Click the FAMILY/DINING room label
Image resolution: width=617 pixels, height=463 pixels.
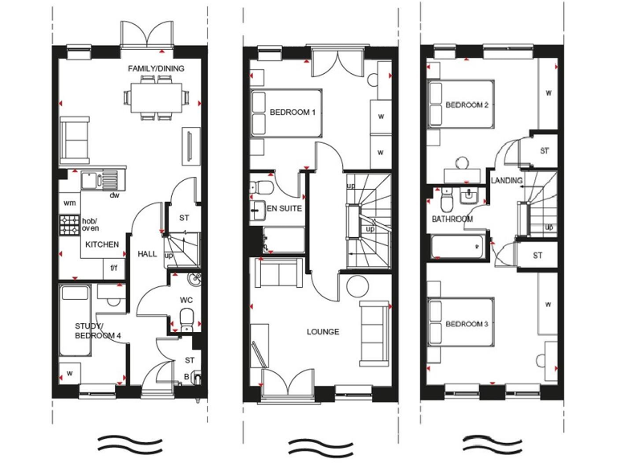click(156, 69)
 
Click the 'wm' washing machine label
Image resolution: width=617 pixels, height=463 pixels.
click(69, 203)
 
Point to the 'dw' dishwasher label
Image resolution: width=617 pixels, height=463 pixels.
click(115, 195)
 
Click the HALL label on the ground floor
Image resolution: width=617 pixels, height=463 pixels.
click(147, 254)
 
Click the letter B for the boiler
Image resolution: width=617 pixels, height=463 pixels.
click(186, 375)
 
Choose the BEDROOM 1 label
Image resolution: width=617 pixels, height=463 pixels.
click(292, 113)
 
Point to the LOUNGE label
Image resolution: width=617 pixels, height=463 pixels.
click(323, 331)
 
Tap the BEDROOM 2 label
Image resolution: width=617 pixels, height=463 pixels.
click(467, 105)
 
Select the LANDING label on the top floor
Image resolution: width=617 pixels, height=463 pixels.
click(507, 181)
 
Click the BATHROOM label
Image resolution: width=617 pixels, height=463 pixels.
click(452, 219)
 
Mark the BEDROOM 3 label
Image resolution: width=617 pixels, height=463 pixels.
click(467, 325)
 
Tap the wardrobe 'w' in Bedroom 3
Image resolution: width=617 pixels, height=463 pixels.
click(548, 305)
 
